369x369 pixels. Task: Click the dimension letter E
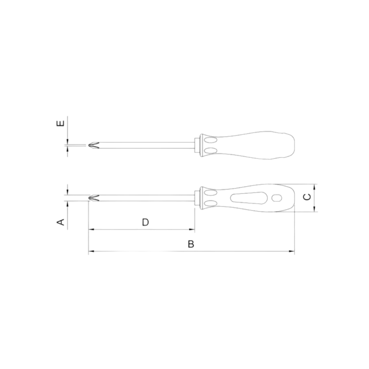coord(61,123)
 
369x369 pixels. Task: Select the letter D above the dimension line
coord(145,222)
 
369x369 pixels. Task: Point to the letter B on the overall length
coord(191,244)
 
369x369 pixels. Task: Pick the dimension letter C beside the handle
coord(307,197)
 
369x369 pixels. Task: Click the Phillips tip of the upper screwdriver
coord(93,145)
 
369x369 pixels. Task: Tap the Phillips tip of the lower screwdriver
coord(93,198)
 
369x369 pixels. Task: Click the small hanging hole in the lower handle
coord(276,199)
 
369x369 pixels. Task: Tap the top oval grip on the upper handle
coord(210,140)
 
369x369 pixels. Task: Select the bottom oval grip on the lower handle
coord(210,203)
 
